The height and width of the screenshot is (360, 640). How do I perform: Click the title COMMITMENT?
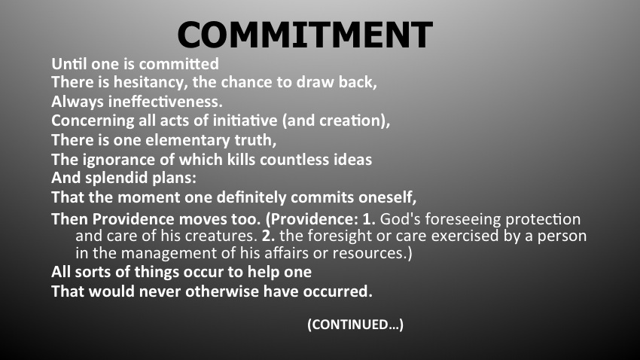tap(305, 35)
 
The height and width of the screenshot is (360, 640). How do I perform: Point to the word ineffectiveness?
tap(166, 101)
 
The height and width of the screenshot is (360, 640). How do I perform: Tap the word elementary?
tap(187, 140)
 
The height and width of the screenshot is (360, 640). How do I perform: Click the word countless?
tap(294, 160)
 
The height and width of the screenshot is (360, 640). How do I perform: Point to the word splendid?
tap(117, 178)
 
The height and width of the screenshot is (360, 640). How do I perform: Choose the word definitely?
tap(251, 198)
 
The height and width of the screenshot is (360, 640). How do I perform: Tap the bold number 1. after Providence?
tap(369, 220)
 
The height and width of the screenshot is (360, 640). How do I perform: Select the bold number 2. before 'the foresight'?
tap(268, 236)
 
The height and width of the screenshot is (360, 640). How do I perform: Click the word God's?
tap(400, 220)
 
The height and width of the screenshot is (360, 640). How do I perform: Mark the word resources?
tap(370, 254)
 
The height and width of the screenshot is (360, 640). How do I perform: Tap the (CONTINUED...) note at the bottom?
tap(355, 325)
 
